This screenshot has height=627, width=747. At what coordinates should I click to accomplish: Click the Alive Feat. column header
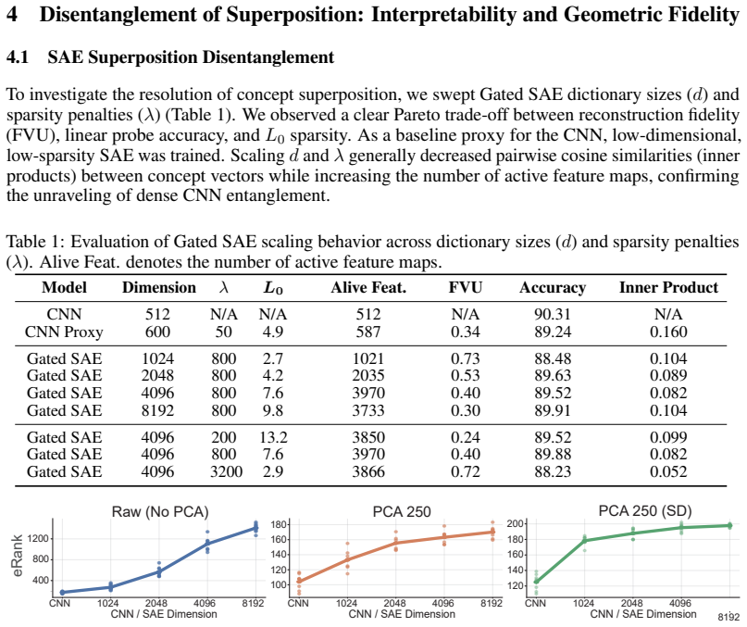[x=368, y=287]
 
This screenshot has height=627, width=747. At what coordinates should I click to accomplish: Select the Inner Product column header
[x=668, y=287]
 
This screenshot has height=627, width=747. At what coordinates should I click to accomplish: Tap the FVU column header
[x=466, y=287]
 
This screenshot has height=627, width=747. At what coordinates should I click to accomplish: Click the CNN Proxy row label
[x=64, y=332]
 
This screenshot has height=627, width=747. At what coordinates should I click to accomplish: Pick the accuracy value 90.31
[x=553, y=314]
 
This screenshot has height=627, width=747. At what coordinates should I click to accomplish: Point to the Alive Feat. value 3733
[x=368, y=410]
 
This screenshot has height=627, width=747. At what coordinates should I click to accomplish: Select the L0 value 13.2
[x=273, y=437]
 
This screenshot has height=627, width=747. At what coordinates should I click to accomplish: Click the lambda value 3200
[x=226, y=471]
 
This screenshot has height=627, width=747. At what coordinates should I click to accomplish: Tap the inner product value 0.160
[x=668, y=332]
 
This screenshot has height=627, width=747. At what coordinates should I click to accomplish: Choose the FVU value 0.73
[x=466, y=358]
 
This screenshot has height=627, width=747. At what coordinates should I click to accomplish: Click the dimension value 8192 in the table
[x=157, y=410]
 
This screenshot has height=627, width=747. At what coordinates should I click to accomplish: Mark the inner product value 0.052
[x=668, y=471]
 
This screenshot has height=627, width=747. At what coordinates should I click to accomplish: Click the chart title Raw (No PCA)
[x=160, y=511]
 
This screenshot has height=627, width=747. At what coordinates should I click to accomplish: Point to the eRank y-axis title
[x=18, y=556]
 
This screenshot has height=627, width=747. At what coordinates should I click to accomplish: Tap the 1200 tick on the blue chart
[x=38, y=539]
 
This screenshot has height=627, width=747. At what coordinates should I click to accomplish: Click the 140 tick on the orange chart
[x=280, y=555]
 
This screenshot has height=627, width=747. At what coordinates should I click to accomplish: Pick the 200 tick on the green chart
[x=516, y=524]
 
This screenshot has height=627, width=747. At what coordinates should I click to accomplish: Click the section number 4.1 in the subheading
[x=18, y=57]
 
